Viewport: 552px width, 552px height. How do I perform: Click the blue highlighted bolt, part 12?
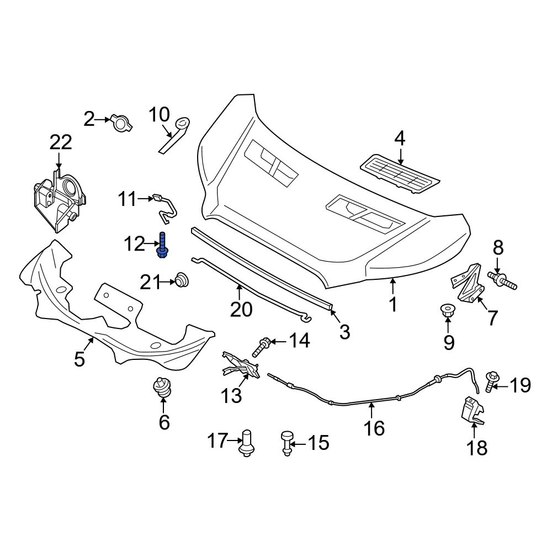162,245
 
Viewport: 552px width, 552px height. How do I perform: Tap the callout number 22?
61,142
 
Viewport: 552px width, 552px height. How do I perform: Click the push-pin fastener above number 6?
163,388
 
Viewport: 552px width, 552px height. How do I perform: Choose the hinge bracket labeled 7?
468,282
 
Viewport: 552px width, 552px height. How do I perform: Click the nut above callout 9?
448,310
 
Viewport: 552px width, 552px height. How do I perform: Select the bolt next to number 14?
261,347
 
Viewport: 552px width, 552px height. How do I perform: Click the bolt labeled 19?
491,381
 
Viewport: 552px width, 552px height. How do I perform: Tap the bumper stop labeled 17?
246,443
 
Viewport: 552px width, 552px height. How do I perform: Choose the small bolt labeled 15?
286,443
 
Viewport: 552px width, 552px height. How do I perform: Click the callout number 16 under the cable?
374,428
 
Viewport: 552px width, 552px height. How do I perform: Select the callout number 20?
241,309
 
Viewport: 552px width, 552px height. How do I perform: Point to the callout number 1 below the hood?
393,304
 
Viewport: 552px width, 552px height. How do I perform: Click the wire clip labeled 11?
164,209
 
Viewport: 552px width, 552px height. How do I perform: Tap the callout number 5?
79,359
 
